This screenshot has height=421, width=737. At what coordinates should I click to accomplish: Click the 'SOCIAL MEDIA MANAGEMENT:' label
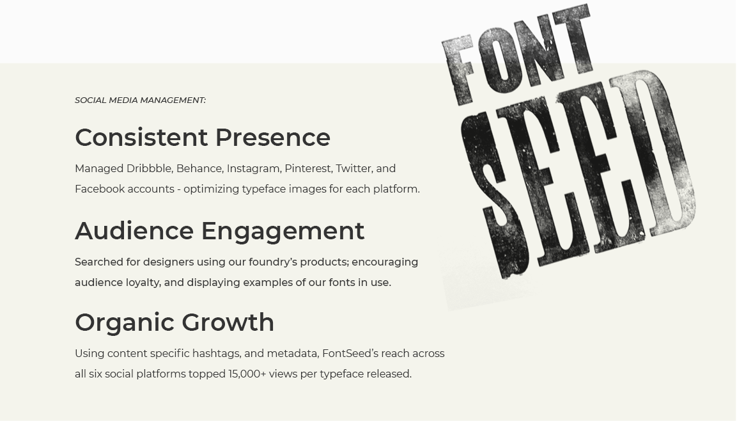click(x=140, y=100)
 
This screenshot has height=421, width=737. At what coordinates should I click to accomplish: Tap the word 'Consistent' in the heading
click(x=141, y=138)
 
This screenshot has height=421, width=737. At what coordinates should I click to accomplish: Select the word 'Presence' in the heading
click(x=273, y=138)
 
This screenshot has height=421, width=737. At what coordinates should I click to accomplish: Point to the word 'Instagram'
click(x=253, y=169)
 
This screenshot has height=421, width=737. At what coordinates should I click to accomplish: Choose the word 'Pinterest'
click(x=308, y=168)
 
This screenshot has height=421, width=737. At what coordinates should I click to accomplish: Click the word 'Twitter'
click(x=352, y=168)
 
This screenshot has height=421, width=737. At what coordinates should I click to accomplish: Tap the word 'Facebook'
click(x=100, y=189)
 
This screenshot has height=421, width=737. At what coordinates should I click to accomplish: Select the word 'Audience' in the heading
click(x=134, y=230)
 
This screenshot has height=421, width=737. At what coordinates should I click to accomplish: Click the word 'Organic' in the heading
click(x=125, y=322)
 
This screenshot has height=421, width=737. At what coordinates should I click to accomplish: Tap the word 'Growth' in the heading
click(x=228, y=322)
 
